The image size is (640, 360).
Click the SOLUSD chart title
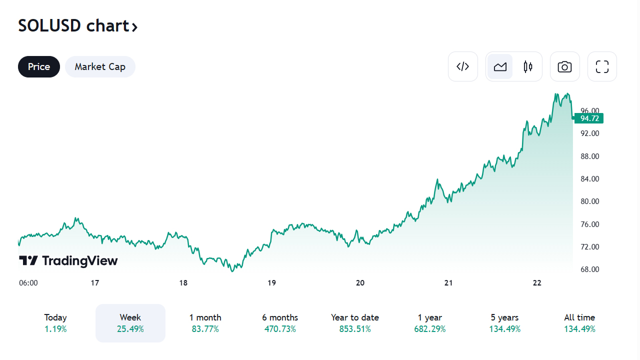(x=77, y=26)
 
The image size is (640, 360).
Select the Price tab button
(x=39, y=67)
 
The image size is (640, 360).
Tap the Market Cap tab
(x=100, y=67)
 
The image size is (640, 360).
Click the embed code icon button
(x=463, y=66)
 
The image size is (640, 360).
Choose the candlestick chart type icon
(x=528, y=66)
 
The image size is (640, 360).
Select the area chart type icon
(x=500, y=66)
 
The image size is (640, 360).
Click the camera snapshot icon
(x=564, y=66)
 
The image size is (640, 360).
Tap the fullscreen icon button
(x=602, y=66)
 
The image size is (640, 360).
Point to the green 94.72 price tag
(x=589, y=118)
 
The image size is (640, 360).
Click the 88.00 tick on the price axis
(x=589, y=156)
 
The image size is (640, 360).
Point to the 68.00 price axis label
(x=589, y=269)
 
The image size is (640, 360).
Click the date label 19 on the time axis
(x=271, y=283)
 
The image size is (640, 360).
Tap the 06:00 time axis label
(x=28, y=283)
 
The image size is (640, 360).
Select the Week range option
(x=130, y=323)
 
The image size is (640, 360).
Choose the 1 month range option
(x=205, y=323)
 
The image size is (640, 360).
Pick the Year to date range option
(x=355, y=323)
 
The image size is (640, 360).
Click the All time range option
(x=579, y=323)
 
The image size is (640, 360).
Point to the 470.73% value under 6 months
(x=280, y=329)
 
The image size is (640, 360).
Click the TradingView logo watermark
(x=68, y=260)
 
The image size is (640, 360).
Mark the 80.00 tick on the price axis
(x=589, y=201)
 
